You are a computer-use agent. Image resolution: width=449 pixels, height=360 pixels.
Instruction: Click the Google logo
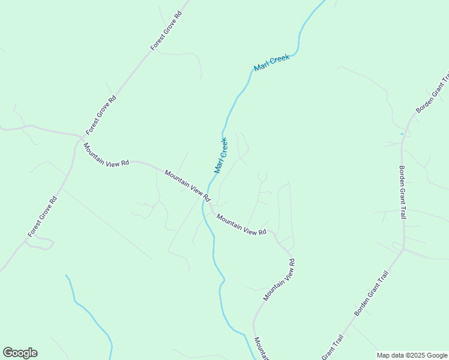coord(20,353)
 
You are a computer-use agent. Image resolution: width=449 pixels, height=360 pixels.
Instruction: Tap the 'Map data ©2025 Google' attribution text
coord(412,355)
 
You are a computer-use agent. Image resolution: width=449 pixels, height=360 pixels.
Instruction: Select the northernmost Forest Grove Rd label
coord(166,30)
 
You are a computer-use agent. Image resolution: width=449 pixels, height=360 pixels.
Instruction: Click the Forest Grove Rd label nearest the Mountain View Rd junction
coord(100,115)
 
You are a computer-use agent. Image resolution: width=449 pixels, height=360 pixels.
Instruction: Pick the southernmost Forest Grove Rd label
coord(42,217)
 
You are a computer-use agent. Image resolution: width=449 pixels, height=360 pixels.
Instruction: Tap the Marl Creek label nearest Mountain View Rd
coord(221,155)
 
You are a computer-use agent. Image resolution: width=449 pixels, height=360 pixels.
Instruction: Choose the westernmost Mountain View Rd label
coord(106,155)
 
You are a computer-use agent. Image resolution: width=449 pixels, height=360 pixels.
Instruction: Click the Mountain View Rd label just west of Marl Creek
coord(187,185)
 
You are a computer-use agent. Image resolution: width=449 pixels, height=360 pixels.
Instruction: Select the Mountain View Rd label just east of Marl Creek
coord(241,224)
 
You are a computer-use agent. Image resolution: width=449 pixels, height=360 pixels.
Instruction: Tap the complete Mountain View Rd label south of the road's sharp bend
coord(279,280)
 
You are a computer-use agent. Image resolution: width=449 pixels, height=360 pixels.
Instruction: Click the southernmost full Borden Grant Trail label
coord(372,293)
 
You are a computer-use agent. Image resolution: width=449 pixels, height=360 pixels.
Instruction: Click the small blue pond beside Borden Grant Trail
coord(402,133)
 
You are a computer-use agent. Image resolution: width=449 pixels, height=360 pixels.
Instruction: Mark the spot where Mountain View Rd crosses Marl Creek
coord(206,204)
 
